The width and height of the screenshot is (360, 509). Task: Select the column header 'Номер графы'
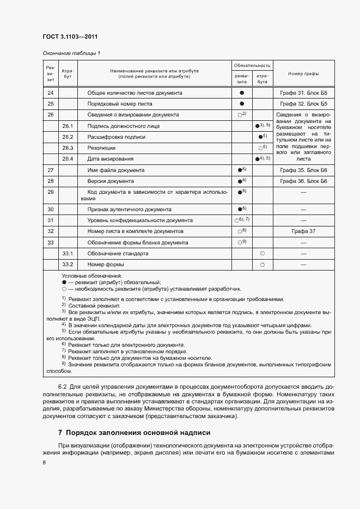303,73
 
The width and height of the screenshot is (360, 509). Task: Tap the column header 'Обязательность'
252,65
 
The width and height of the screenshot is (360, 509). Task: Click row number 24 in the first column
50,93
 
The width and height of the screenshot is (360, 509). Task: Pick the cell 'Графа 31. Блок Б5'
303,93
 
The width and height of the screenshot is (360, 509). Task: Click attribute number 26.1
68,126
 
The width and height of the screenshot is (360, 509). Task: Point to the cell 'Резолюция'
101,148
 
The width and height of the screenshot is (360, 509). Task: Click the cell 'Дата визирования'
110,159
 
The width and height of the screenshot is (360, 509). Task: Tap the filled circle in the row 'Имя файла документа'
240,170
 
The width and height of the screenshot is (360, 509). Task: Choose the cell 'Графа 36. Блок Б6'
303,181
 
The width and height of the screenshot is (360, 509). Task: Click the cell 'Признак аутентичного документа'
129,209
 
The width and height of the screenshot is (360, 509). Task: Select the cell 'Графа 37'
303,231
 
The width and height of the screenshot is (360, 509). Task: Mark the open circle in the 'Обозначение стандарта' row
263,254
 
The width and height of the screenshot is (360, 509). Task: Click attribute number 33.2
68,265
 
